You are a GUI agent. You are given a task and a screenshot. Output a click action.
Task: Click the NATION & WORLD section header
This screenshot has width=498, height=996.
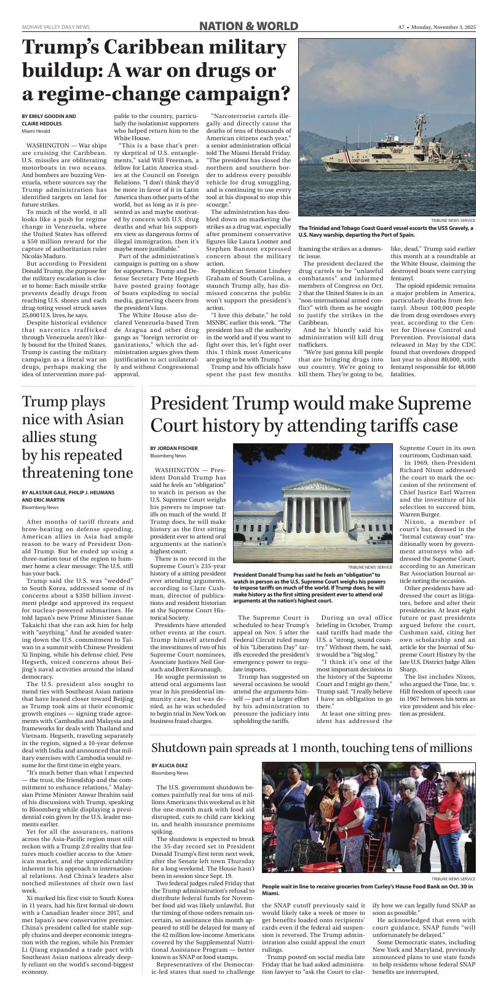(x=248, y=26)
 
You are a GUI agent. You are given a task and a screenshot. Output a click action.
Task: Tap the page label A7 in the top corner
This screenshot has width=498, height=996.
(x=401, y=27)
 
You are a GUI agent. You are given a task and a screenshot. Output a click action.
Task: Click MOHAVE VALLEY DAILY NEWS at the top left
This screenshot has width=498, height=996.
(x=55, y=27)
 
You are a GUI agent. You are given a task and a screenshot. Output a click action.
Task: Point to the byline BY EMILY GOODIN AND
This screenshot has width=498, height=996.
(x=49, y=116)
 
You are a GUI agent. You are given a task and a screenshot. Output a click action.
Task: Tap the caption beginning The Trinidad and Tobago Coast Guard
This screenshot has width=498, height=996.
(x=385, y=231)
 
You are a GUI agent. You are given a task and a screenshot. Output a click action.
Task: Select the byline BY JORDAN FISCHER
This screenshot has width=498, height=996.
(x=174, y=448)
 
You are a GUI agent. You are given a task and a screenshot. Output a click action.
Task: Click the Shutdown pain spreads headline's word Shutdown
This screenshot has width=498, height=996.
(x=183, y=748)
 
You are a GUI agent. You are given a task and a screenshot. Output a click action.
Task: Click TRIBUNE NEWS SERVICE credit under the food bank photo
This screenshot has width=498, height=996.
(x=453, y=879)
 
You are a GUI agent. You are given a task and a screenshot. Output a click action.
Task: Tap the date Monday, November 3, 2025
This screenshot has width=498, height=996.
(x=443, y=27)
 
